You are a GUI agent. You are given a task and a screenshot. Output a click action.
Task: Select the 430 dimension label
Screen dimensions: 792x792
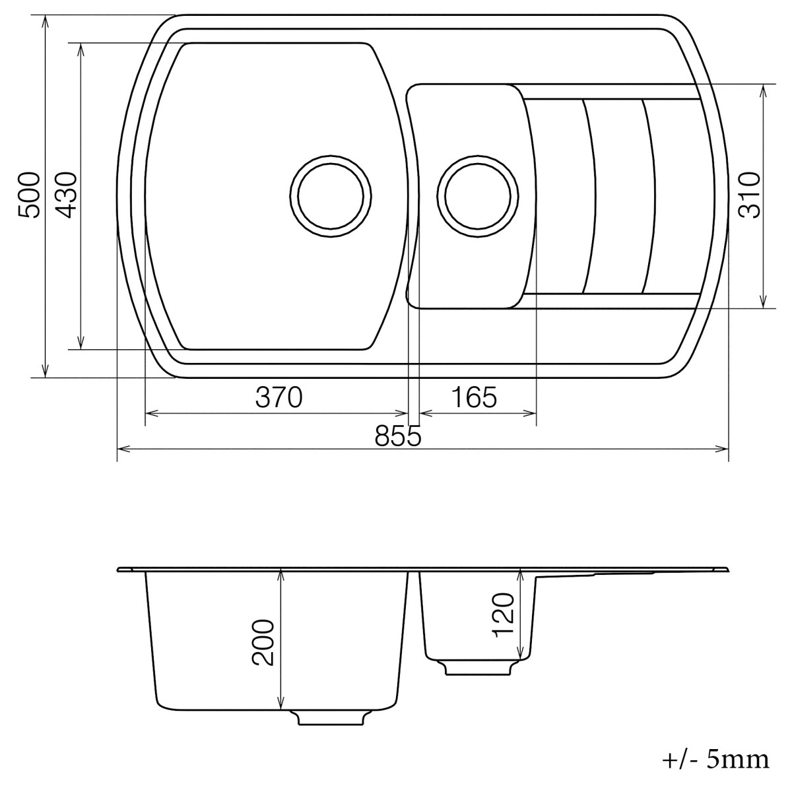point(67,195)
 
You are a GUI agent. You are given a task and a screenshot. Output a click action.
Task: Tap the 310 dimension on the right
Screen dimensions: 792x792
point(750,195)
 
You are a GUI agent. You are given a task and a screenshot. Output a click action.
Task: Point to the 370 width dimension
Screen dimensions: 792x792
point(279,398)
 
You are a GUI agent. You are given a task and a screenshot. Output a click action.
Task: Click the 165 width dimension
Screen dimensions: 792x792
point(473,398)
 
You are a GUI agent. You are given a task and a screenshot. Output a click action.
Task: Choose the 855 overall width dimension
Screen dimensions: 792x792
point(397,436)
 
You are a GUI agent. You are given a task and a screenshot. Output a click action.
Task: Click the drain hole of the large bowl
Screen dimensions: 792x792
point(331,197)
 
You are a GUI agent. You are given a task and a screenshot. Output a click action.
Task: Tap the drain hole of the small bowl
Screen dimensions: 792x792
point(478,197)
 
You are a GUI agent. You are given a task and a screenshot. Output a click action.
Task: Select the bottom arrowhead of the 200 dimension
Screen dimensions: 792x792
point(282,704)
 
